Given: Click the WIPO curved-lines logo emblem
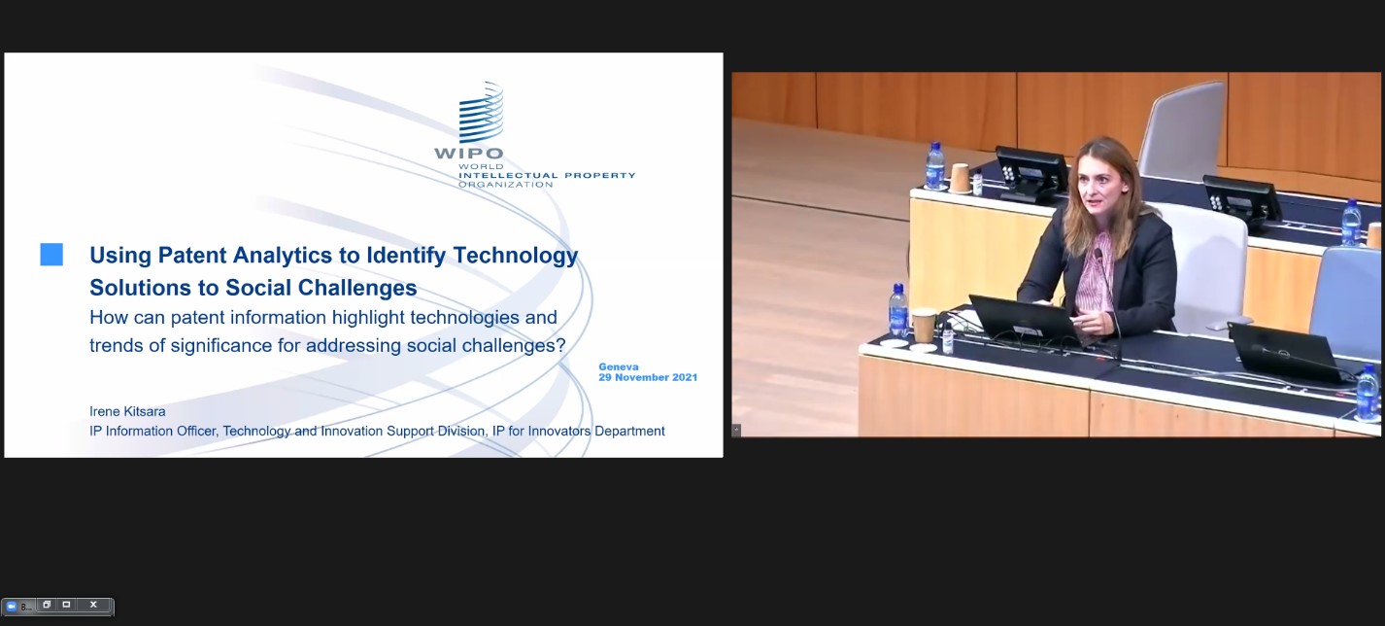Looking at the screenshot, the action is tap(481, 112).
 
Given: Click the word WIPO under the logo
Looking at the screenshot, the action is tap(469, 153).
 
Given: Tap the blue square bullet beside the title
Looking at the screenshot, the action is tap(51, 255).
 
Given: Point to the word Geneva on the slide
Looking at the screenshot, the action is tap(619, 366).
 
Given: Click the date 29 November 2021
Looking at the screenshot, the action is tap(648, 377).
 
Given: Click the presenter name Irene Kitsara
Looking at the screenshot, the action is tap(127, 411).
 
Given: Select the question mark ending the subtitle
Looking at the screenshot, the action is tap(560, 345).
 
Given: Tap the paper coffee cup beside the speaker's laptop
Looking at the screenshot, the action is tap(924, 326).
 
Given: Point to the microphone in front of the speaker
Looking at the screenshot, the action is tap(1108, 303).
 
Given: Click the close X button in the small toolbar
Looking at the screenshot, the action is tap(93, 605).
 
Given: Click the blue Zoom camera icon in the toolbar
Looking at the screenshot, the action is tap(11, 607).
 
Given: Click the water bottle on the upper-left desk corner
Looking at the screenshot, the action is tap(935, 166).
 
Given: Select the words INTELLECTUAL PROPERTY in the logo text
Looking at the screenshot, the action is tap(547, 175).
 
